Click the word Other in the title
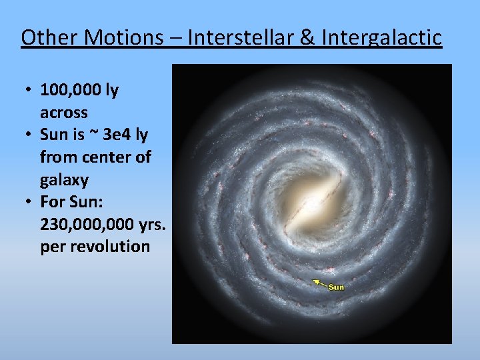45,37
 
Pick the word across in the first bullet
63,113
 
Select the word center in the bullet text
104,157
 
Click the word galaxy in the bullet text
64,180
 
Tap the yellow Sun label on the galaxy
337,287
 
